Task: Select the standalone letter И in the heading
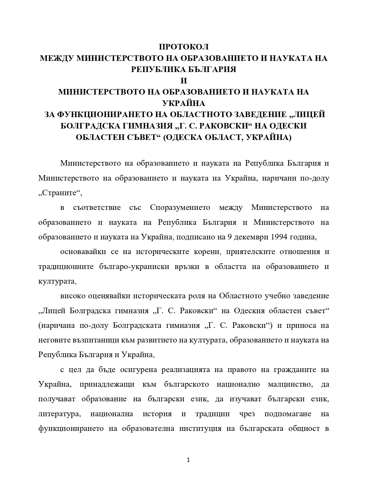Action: (x=184, y=80)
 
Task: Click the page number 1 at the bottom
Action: (x=188, y=460)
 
